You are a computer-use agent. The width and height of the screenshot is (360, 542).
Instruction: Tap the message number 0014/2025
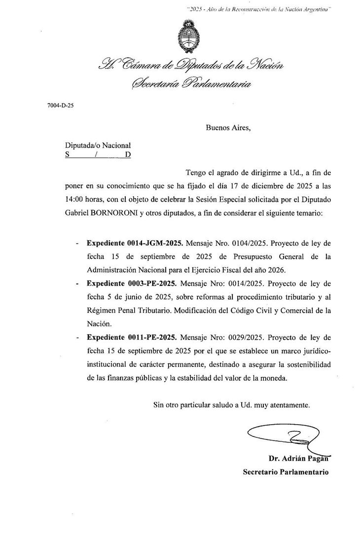(243, 285)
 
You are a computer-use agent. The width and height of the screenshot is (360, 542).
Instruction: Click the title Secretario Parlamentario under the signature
(285, 472)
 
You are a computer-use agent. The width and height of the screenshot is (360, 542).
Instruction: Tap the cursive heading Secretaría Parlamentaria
(190, 84)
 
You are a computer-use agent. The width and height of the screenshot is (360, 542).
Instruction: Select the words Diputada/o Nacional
(98, 145)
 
